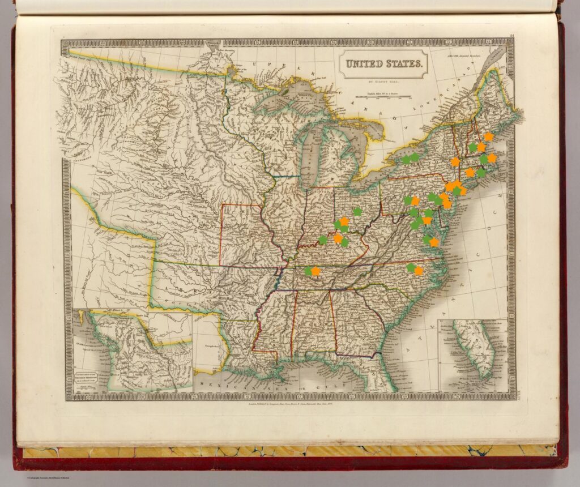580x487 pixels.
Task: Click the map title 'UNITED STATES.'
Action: click(x=383, y=63)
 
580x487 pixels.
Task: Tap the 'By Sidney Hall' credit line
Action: click(x=383, y=82)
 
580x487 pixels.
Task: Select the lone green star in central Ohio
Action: click(x=357, y=211)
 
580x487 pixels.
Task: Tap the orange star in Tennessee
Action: click(x=316, y=271)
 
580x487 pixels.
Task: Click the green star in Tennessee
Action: click(x=308, y=271)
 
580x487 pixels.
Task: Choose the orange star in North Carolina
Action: click(x=419, y=271)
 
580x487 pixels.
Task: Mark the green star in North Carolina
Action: click(x=411, y=267)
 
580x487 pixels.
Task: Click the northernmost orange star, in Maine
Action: click(x=488, y=136)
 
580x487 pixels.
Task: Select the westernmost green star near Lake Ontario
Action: click(x=406, y=160)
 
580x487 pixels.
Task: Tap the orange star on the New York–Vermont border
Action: click(x=455, y=162)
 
